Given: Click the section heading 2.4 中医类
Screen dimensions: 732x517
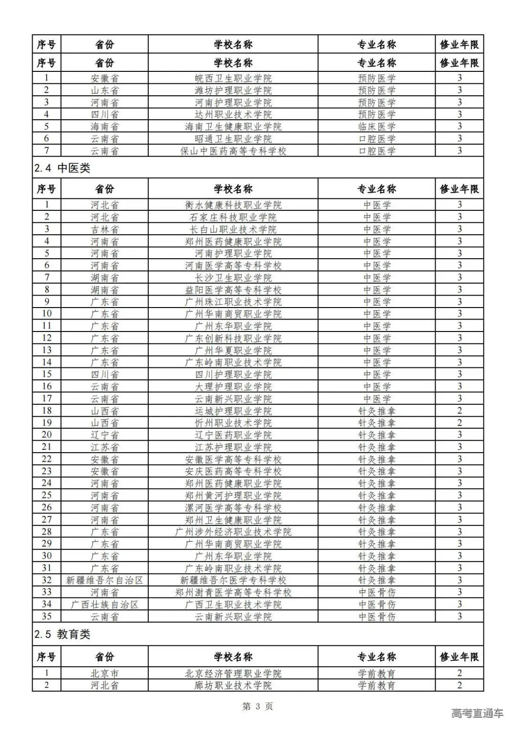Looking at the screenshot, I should pyautogui.click(x=62, y=168).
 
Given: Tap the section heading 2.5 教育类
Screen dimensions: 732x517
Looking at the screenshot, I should pyautogui.click(x=62, y=634).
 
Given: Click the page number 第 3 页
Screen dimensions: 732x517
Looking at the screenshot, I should pyautogui.click(x=258, y=706).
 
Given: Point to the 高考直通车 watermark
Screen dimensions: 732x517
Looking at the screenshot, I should pyautogui.click(x=477, y=713).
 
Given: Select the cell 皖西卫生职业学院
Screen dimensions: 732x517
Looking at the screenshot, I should pyautogui.click(x=233, y=78).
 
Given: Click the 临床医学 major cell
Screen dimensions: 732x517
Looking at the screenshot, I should pyautogui.click(x=377, y=126).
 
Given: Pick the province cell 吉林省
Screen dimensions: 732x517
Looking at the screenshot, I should pyautogui.click(x=105, y=229).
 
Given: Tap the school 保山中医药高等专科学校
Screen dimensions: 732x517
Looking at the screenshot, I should pyautogui.click(x=233, y=151).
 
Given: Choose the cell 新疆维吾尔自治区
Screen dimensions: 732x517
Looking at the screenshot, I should pyautogui.click(x=105, y=580).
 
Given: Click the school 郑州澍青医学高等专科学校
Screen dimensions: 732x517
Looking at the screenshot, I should pyautogui.click(x=233, y=593).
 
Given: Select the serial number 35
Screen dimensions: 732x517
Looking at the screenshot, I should pyautogui.click(x=46, y=617).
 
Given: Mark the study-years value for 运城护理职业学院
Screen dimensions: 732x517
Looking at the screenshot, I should pyautogui.click(x=459, y=411).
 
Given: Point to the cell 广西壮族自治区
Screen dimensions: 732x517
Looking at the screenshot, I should pyautogui.click(x=105, y=605).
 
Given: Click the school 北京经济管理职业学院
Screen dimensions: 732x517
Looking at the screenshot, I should pyautogui.click(x=233, y=674).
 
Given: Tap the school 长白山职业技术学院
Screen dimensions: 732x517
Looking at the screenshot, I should pyautogui.click(x=233, y=229).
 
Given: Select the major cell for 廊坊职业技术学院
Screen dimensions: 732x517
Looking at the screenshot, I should pyautogui.click(x=377, y=686).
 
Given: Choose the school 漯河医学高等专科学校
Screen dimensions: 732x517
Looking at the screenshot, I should pyautogui.click(x=233, y=508).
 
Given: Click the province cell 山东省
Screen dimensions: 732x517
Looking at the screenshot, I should pyautogui.click(x=105, y=90).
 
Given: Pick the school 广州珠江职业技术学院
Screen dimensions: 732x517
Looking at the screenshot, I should pyautogui.click(x=233, y=302).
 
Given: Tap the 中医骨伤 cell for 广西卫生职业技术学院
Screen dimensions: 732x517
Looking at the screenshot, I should pyautogui.click(x=377, y=605).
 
